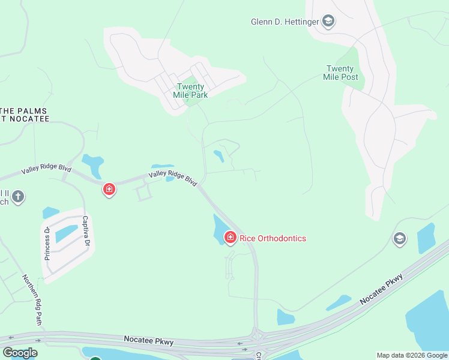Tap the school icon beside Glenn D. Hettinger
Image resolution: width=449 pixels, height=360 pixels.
pyautogui.click(x=328, y=22)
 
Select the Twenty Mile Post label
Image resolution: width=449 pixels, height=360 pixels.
pyautogui.click(x=342, y=73)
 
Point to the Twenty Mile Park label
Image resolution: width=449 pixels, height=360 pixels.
pyautogui.click(x=190, y=91)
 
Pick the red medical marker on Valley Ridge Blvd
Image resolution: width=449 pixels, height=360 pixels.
pyautogui.click(x=109, y=190)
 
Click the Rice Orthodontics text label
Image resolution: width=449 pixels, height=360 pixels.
pyautogui.click(x=273, y=238)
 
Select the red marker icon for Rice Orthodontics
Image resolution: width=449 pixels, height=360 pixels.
pyautogui.click(x=230, y=238)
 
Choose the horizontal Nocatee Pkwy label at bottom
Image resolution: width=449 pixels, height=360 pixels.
pyautogui.click(x=148, y=341)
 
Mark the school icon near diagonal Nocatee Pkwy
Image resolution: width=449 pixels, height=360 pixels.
pyautogui.click(x=399, y=239)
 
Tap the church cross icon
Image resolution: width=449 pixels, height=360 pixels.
pyautogui.click(x=19, y=196)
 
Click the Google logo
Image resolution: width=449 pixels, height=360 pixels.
pyautogui.click(x=20, y=353)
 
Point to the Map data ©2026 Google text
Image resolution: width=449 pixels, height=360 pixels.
pyautogui.click(x=412, y=355)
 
